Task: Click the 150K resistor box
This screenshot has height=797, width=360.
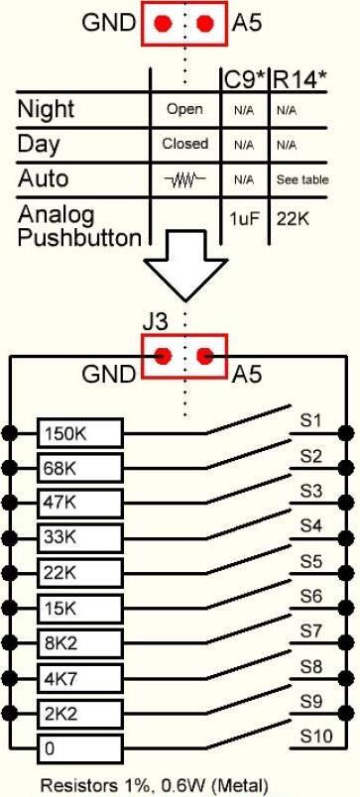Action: tap(80, 434)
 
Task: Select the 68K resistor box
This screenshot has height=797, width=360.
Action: tap(80, 469)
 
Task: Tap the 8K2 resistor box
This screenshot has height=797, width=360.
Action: tap(80, 644)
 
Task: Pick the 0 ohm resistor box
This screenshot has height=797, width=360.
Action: tap(80, 748)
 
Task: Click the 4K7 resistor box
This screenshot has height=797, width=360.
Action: tap(80, 679)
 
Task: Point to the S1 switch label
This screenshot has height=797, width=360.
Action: tap(310, 421)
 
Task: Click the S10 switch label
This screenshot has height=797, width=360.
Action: tap(315, 736)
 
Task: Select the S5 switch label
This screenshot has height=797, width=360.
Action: tap(310, 562)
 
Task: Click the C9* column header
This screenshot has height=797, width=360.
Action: tap(246, 79)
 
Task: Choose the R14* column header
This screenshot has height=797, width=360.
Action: tap(299, 79)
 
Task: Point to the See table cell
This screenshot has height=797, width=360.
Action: tap(302, 179)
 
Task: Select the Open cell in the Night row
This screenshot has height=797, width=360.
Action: tap(184, 109)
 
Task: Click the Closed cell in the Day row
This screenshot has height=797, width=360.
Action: tap(185, 144)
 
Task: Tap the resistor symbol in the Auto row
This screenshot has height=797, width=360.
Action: tap(185, 178)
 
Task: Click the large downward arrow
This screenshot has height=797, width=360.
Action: tap(185, 265)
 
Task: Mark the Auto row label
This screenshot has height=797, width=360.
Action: tap(43, 178)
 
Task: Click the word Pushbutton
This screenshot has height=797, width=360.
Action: tap(78, 238)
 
